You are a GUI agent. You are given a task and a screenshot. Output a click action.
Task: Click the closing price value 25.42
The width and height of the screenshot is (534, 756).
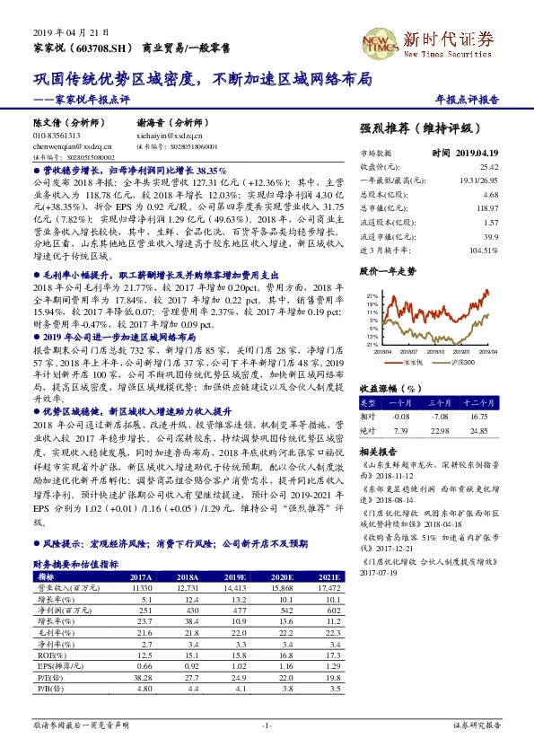click(488, 167)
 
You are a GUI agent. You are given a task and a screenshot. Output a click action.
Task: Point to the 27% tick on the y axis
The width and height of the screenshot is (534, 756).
click(372, 294)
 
